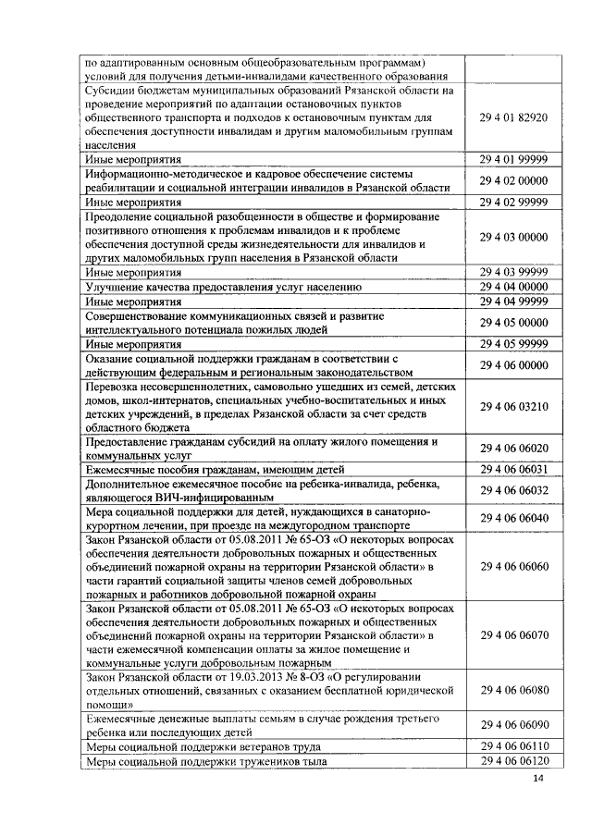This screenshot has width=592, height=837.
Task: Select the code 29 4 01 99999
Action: pyautogui.click(x=514, y=160)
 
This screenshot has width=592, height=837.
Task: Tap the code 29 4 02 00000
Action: pyautogui.click(x=514, y=180)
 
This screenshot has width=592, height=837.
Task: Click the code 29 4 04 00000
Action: pyautogui.click(x=514, y=287)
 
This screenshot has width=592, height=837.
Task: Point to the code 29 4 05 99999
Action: pyautogui.click(x=514, y=344)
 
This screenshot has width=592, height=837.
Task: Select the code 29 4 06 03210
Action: pyautogui.click(x=514, y=405)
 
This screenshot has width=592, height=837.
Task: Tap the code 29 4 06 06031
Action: pyautogui.click(x=514, y=469)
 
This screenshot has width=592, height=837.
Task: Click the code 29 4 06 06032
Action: pyautogui.click(x=514, y=489)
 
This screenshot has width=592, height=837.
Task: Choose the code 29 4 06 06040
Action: pyautogui.click(x=514, y=518)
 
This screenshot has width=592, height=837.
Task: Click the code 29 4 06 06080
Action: pyautogui.click(x=514, y=690)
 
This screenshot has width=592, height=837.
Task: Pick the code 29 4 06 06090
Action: pyautogui.click(x=514, y=725)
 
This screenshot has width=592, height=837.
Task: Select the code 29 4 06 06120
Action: pyautogui.click(x=514, y=761)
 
